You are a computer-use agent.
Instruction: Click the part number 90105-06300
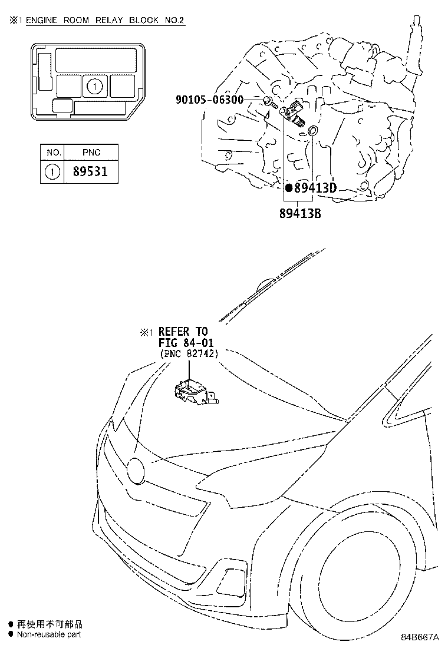point(209,100)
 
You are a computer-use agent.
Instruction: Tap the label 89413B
point(300,213)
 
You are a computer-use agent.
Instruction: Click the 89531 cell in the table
point(90,171)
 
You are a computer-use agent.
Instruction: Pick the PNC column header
point(91,153)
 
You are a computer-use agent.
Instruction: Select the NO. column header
point(54,153)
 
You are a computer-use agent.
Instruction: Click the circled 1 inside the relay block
point(95,87)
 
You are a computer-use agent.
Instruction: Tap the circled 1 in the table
point(52,172)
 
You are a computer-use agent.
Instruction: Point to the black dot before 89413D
point(288,187)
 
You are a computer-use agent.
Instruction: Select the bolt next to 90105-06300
point(269,102)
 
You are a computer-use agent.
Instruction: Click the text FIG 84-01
point(186,343)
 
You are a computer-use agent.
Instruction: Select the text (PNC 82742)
point(189,354)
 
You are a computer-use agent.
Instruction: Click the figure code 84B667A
point(420,637)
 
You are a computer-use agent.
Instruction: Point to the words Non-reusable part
point(49,634)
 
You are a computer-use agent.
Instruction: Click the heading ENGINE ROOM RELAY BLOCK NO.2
point(105,20)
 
